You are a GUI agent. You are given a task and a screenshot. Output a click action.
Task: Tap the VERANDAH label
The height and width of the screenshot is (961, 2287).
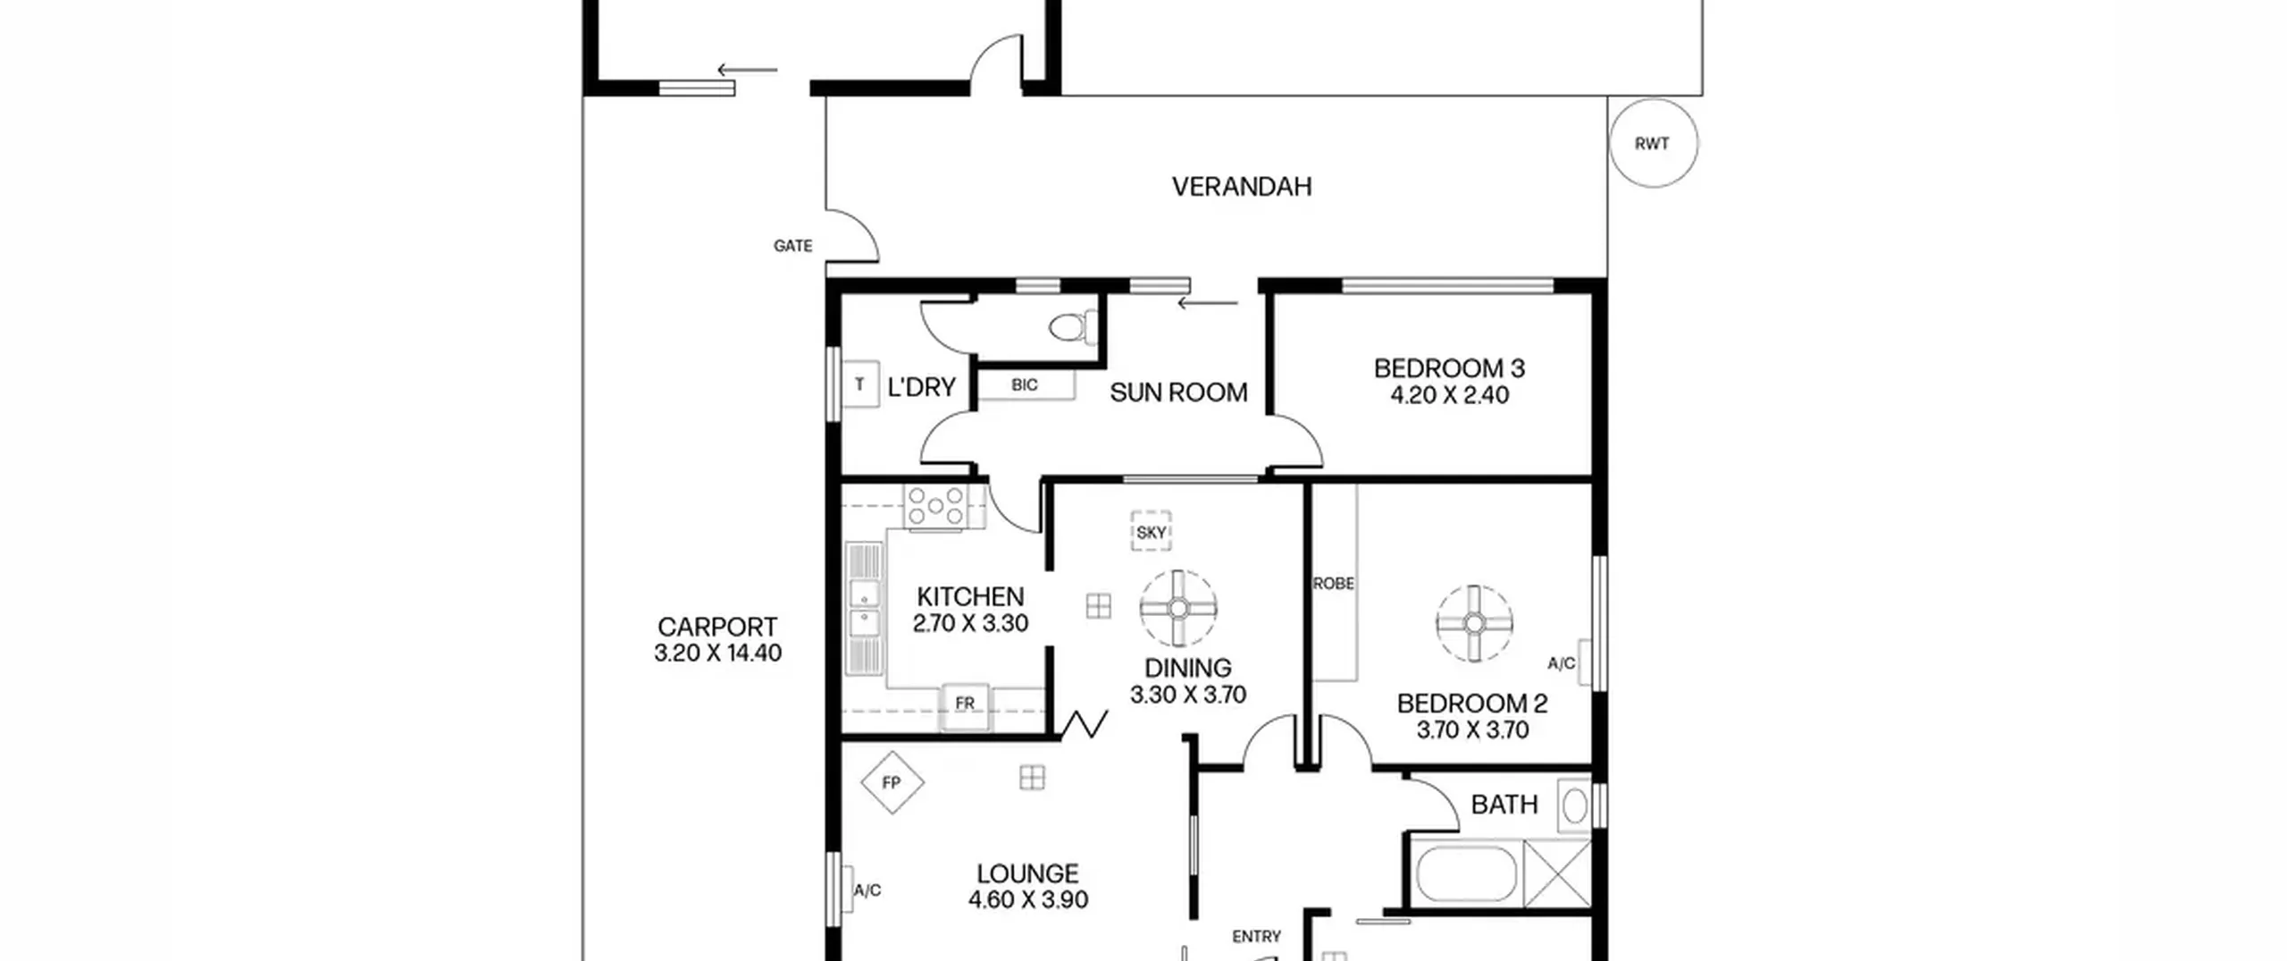pos(1242,187)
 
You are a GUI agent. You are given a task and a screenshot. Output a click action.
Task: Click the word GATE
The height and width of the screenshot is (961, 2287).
pos(793,246)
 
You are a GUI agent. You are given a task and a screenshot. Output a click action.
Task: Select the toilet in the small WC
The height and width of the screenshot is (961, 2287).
pos(1074,328)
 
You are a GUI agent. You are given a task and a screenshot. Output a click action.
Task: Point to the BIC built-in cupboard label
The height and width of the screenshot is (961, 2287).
pos(1025,384)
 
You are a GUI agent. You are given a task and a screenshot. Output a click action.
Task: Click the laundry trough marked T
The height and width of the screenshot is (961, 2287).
pos(860,384)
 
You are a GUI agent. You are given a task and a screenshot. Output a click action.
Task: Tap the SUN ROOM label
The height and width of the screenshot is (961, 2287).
pos(1178,392)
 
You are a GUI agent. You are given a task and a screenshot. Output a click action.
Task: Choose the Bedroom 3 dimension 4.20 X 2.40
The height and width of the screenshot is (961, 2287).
pos(1449,395)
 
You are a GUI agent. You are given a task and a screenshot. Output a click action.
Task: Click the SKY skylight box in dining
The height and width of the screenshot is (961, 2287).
pos(1151,532)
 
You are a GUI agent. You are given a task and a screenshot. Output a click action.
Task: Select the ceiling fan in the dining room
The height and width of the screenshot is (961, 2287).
pos(1178,609)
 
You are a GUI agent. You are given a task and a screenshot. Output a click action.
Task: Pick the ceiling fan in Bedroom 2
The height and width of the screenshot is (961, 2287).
pos(1474,624)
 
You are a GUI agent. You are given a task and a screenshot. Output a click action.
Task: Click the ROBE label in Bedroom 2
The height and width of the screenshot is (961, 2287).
pos(1334,584)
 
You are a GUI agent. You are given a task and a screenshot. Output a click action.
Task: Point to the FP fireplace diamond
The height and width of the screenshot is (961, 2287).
pos(892,783)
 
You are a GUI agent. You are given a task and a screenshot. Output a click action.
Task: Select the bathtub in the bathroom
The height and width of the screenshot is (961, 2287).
pos(1466,873)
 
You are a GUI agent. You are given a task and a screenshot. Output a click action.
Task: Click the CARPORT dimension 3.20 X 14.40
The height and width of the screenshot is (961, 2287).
pos(717,653)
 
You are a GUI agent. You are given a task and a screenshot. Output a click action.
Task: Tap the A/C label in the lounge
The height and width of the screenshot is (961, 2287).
pos(867,890)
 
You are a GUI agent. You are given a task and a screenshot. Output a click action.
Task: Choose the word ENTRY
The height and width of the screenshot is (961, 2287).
pos(1256,937)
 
